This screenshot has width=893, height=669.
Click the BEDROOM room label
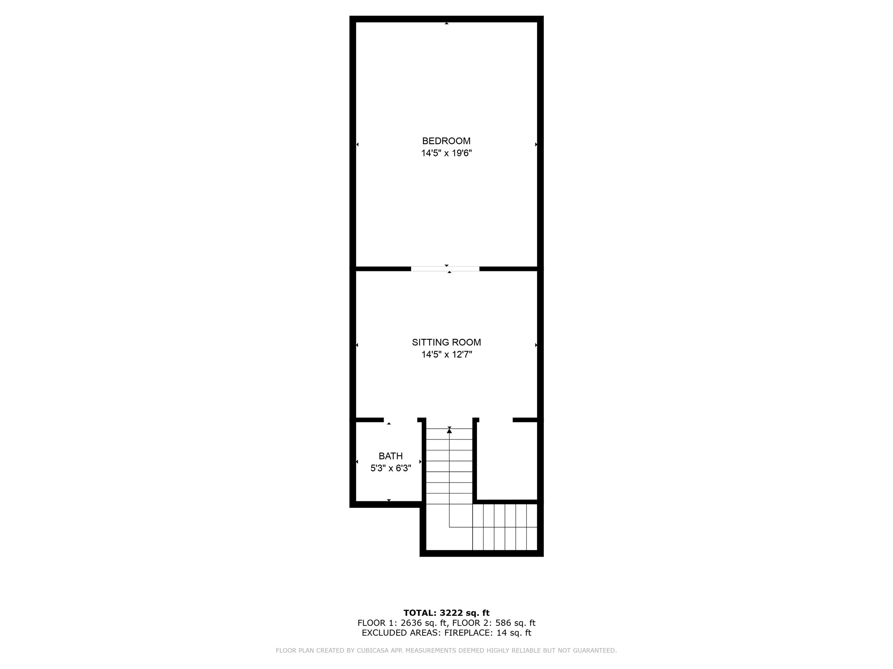pos(446,141)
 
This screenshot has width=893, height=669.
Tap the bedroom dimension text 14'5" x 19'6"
pos(446,153)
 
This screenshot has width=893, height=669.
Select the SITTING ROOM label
pos(446,342)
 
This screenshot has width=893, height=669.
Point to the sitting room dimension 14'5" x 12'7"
pos(446,355)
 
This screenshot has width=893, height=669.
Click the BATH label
pos(390,456)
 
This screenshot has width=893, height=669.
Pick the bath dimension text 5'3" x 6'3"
pos(390,468)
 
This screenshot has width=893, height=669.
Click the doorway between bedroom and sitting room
pos(445,269)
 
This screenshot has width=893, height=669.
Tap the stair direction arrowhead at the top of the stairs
pos(449,431)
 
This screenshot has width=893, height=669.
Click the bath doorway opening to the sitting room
pos(400,420)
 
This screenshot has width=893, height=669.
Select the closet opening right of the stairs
pos(496,420)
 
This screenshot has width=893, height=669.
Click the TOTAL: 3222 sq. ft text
pos(446,613)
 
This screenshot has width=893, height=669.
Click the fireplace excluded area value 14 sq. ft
pos(514,633)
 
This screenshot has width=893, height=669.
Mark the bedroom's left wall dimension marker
pos(358,144)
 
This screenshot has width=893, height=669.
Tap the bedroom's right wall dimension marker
pos(536,144)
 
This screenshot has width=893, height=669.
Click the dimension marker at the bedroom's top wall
pos(446,23)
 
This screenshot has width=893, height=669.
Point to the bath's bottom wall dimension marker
pos(389,500)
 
